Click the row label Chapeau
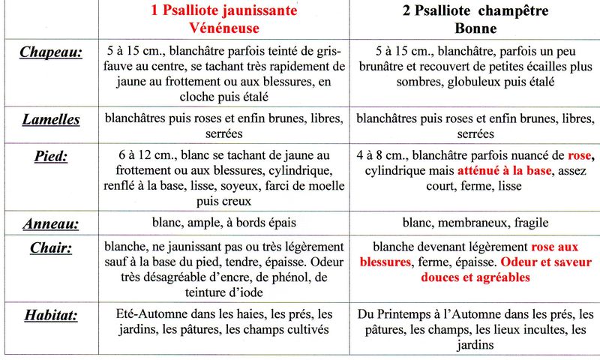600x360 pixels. click(x=51, y=52)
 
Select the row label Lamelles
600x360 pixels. click(x=51, y=119)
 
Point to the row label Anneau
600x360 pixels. click(x=51, y=223)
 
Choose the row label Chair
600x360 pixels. click(x=51, y=247)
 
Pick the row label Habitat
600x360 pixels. click(x=51, y=315)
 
